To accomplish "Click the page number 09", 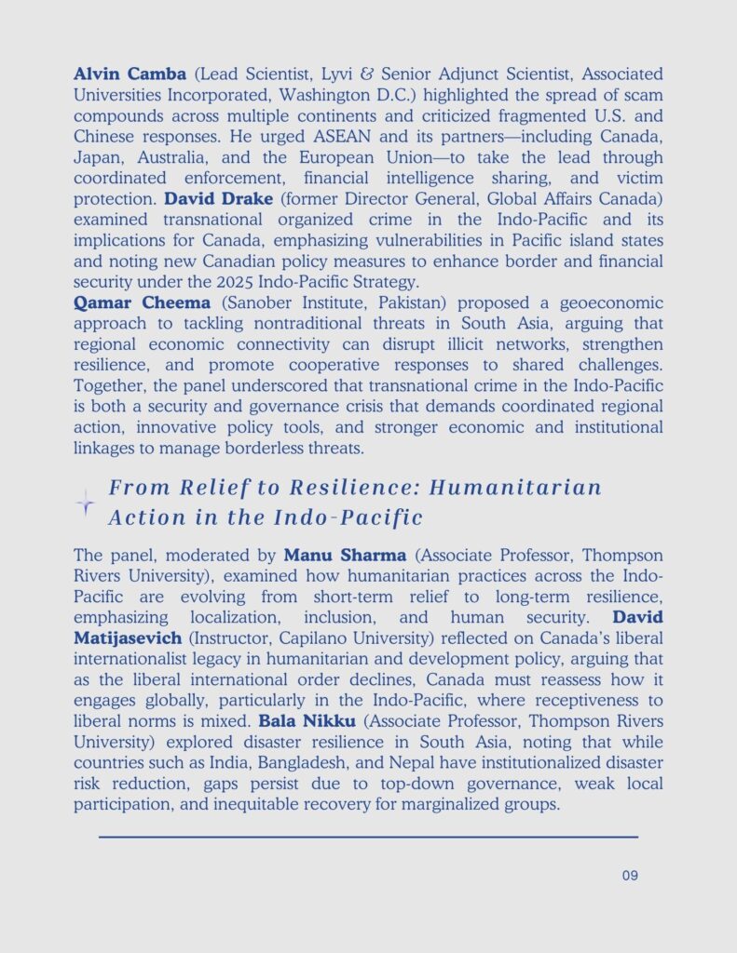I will [629, 875].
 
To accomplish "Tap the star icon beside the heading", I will [86, 503].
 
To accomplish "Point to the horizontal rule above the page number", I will [368, 837].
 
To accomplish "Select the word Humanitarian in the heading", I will [531, 488].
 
